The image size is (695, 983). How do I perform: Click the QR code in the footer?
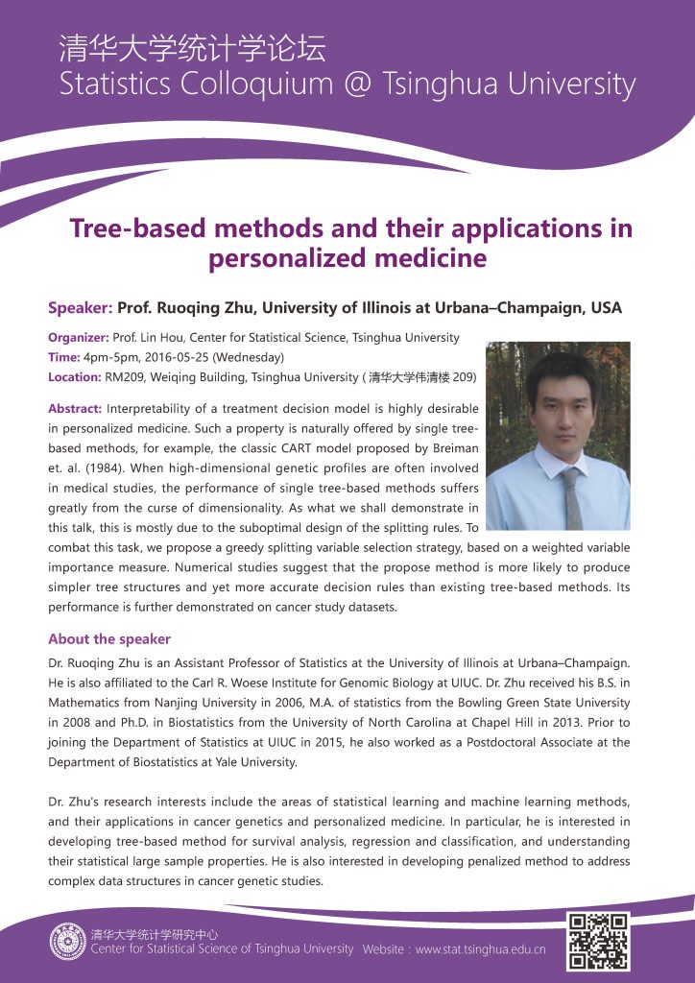pyautogui.click(x=598, y=941)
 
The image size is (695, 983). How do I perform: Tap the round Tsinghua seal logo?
pyautogui.click(x=68, y=941)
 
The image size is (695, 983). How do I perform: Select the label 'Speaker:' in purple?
pyautogui.click(x=81, y=308)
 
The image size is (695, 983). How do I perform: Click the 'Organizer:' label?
pyautogui.click(x=78, y=338)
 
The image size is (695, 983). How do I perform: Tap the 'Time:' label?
pyautogui.click(x=64, y=357)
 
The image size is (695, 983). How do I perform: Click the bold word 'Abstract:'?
pyautogui.click(x=75, y=409)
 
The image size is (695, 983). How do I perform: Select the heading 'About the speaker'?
pyautogui.click(x=109, y=639)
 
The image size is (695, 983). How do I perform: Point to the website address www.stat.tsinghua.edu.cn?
pyautogui.click(x=480, y=949)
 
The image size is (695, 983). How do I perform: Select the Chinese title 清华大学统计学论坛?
pyautogui.click(x=192, y=48)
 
